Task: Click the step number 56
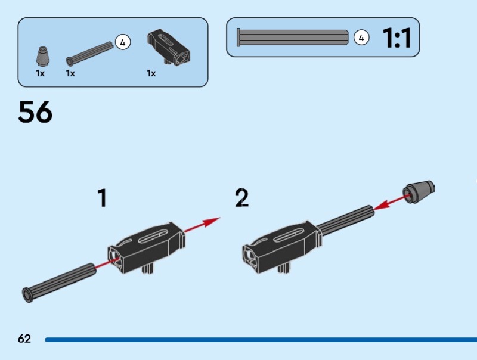[35, 112]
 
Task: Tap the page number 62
[24, 339]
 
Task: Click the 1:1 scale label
[397, 38]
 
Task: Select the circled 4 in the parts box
[122, 42]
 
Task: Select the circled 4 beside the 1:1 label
[361, 38]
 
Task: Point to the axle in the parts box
[89, 52]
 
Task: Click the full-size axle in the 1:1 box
[292, 38]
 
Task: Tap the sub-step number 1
[103, 198]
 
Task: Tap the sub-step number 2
[241, 198]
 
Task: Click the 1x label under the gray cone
[40, 73]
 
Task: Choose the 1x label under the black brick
[151, 73]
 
